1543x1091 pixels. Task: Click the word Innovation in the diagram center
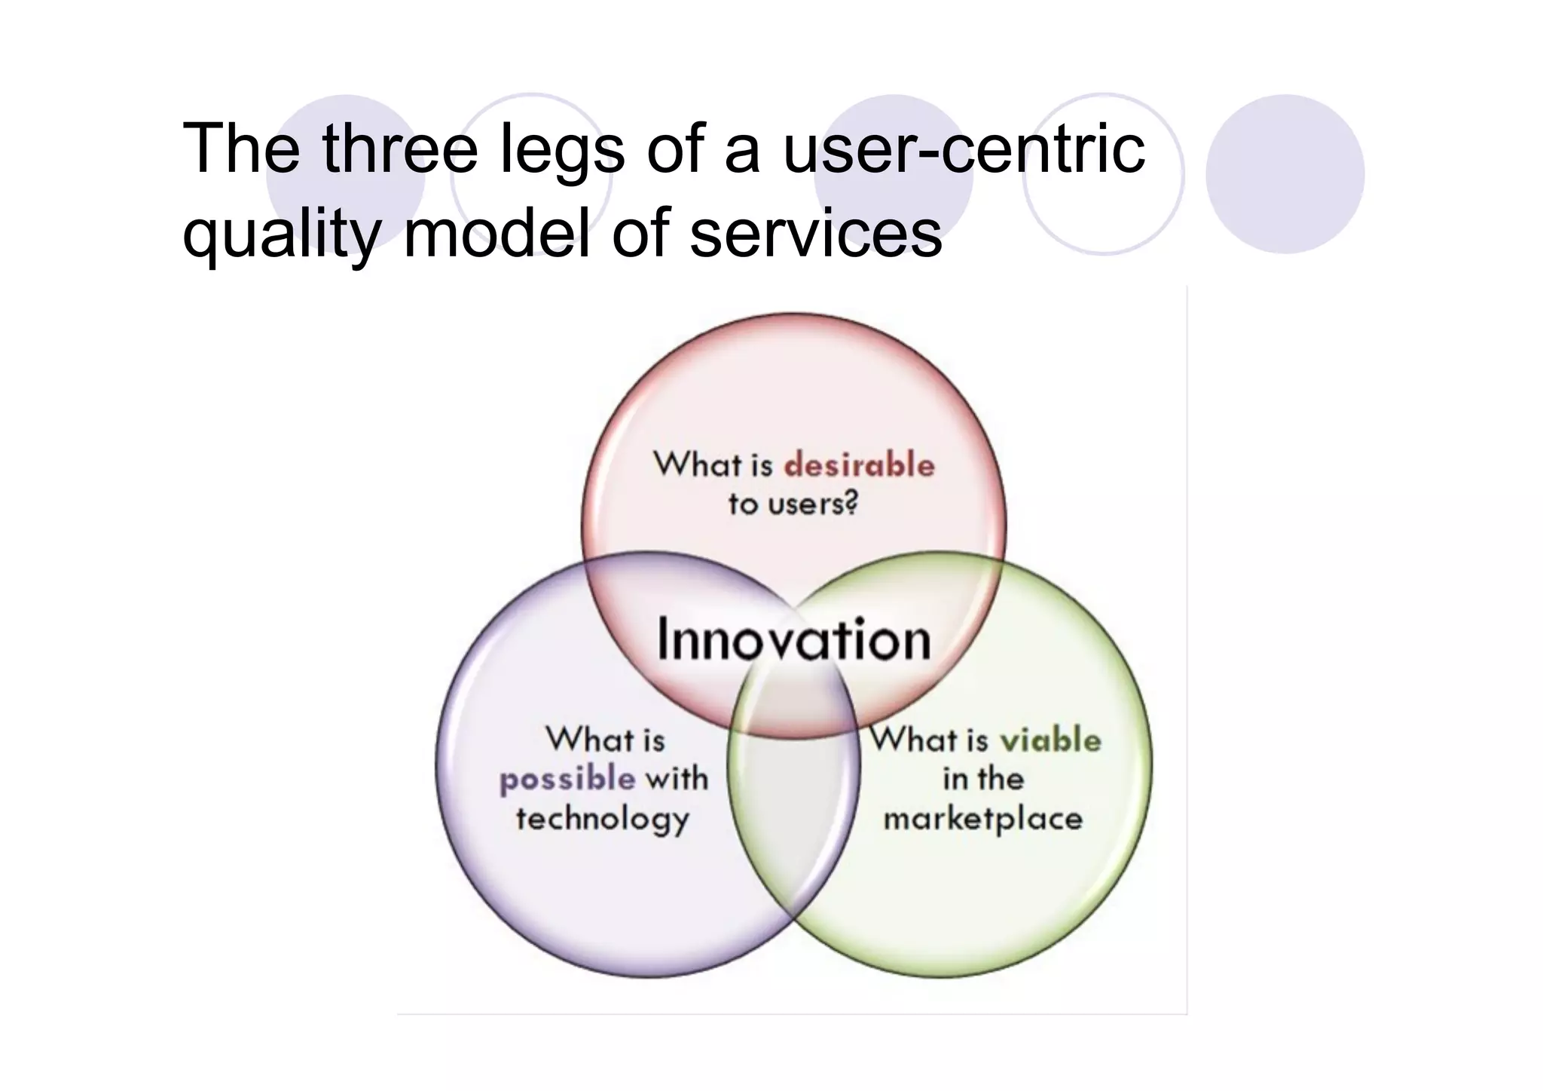point(793,640)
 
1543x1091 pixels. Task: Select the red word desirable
point(859,464)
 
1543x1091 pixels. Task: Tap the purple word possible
point(567,780)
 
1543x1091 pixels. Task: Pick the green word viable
point(1050,740)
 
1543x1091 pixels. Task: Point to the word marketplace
point(982,820)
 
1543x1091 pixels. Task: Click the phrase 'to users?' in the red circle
point(793,504)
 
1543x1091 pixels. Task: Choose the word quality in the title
point(280,234)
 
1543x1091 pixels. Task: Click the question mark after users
point(851,504)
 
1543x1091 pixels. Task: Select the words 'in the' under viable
point(982,779)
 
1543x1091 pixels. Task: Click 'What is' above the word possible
point(605,739)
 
